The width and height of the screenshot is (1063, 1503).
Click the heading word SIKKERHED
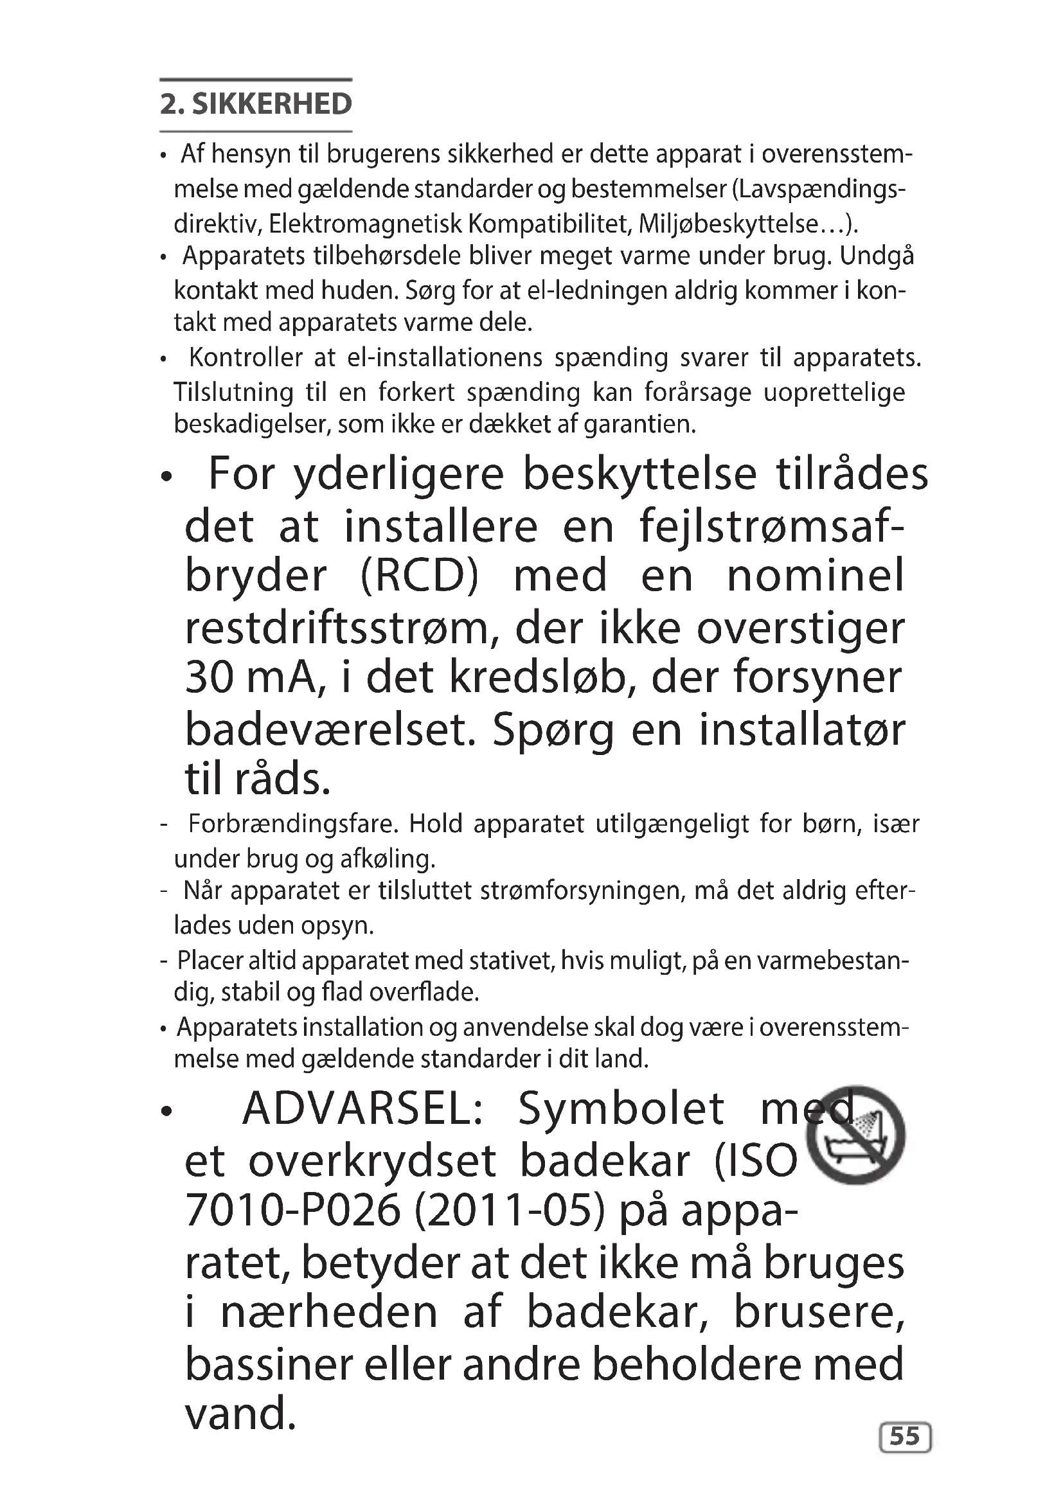pyautogui.click(x=272, y=105)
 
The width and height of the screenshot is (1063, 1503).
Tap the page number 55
pyautogui.click(x=905, y=1436)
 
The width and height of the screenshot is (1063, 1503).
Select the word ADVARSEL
pyautogui.click(x=362, y=1110)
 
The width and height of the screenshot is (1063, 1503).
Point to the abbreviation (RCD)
pyautogui.click(x=420, y=576)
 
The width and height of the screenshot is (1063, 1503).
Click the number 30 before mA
pyautogui.click(x=209, y=677)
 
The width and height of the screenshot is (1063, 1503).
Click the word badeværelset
pyautogui.click(x=330, y=731)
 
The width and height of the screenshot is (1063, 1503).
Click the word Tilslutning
pyautogui.click(x=234, y=392)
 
